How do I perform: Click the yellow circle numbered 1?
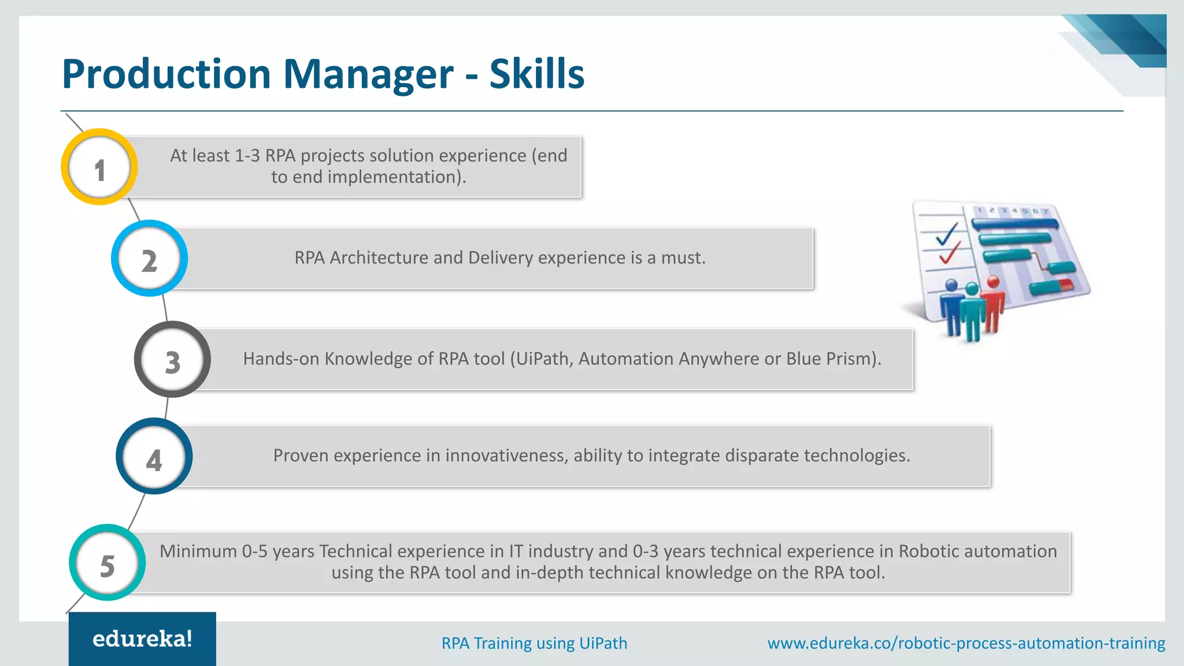pyautogui.click(x=99, y=167)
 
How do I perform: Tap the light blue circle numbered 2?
pyautogui.click(x=149, y=258)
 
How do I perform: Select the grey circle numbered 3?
pyautogui.click(x=172, y=360)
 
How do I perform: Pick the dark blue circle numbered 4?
pyautogui.click(x=154, y=456)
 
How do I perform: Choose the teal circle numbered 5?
pyautogui.click(x=107, y=563)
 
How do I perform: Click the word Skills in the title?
pyautogui.click(x=536, y=74)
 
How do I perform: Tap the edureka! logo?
pyautogui.click(x=142, y=639)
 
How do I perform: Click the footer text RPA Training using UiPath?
pyautogui.click(x=534, y=643)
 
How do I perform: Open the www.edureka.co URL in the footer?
pyautogui.click(x=966, y=643)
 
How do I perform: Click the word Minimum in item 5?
pyautogui.click(x=198, y=552)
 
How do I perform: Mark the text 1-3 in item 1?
pyautogui.click(x=247, y=156)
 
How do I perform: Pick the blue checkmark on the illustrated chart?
pyautogui.click(x=946, y=234)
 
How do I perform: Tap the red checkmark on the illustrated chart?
pyautogui.click(x=949, y=253)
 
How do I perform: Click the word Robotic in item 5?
pyautogui.click(x=929, y=552)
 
